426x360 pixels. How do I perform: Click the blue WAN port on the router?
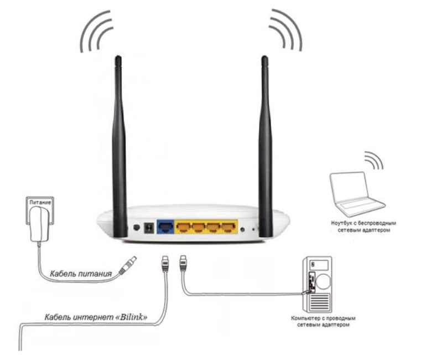click(165, 227)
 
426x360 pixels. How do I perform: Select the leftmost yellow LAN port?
click(183, 227)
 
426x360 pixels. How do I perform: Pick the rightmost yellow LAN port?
click(228, 227)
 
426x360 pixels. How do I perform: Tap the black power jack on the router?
click(149, 228)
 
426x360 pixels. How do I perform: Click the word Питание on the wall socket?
click(40, 202)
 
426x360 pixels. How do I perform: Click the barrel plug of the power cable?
click(128, 265)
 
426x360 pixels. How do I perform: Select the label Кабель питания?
click(81, 274)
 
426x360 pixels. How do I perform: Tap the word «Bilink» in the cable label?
click(133, 317)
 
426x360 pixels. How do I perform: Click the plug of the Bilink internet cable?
click(165, 264)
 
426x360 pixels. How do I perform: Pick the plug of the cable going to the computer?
click(183, 263)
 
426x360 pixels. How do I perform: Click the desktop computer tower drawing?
click(318, 284)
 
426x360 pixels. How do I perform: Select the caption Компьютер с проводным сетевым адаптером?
click(323, 321)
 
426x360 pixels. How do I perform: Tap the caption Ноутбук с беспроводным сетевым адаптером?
click(363, 226)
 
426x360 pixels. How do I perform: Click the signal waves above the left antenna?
click(96, 30)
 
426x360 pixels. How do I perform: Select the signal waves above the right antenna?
click(286, 29)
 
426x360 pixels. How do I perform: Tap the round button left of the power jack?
click(137, 227)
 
